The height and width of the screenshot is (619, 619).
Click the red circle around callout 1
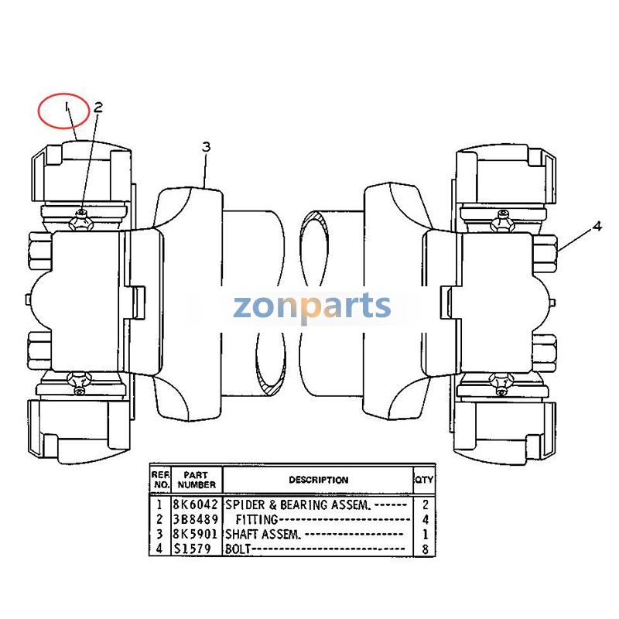tap(63, 94)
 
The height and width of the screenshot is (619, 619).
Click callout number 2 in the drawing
tap(98, 108)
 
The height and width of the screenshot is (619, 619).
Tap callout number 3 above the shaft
tap(206, 147)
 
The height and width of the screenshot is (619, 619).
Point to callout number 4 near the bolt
tap(597, 226)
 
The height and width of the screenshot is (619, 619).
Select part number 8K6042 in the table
tap(196, 504)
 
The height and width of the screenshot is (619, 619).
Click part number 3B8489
tap(196, 519)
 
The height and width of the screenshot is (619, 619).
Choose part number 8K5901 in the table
tap(196, 534)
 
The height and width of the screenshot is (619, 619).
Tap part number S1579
tap(193, 549)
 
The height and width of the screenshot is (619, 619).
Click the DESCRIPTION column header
tap(319, 480)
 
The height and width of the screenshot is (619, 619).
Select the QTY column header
tap(424, 480)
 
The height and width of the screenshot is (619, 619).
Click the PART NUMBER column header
tap(197, 480)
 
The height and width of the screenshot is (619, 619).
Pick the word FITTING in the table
tap(257, 519)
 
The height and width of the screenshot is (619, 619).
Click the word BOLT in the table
tap(238, 549)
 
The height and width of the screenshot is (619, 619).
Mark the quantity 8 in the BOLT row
tap(425, 549)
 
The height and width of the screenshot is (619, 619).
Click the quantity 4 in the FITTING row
tap(425, 519)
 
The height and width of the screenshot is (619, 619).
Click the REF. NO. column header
tap(161, 480)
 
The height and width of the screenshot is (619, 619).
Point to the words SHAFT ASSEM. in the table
tap(263, 534)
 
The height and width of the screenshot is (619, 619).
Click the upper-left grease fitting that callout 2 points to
tap(81, 221)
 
